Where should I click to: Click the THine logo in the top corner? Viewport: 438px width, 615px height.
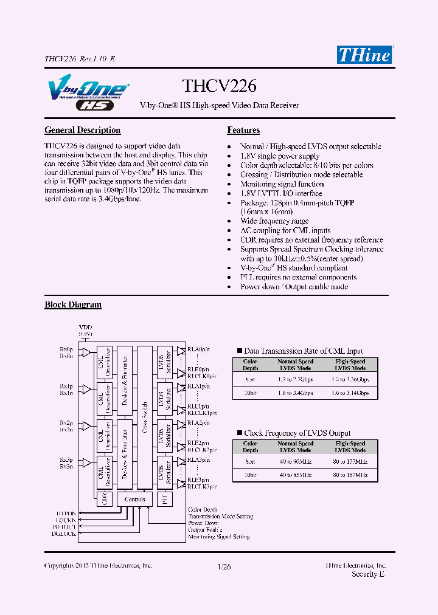(364, 55)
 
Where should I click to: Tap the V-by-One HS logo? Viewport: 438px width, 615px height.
(86, 95)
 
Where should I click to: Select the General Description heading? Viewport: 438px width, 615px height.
(83, 130)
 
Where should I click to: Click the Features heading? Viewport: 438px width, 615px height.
(243, 130)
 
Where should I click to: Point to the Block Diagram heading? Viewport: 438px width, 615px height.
(73, 304)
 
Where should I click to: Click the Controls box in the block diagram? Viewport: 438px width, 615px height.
(134, 500)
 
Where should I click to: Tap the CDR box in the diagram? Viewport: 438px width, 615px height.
(104, 500)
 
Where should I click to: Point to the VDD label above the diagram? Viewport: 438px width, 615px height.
(86, 328)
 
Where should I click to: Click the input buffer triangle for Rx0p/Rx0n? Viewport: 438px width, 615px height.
(86, 352)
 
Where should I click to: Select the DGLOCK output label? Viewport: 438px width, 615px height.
(64, 534)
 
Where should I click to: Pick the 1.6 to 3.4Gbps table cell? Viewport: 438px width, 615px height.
(296, 393)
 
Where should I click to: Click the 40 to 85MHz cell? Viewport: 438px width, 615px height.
(296, 475)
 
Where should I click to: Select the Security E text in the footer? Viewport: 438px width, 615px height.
(368, 574)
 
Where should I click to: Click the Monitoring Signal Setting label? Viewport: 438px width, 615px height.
(219, 537)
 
